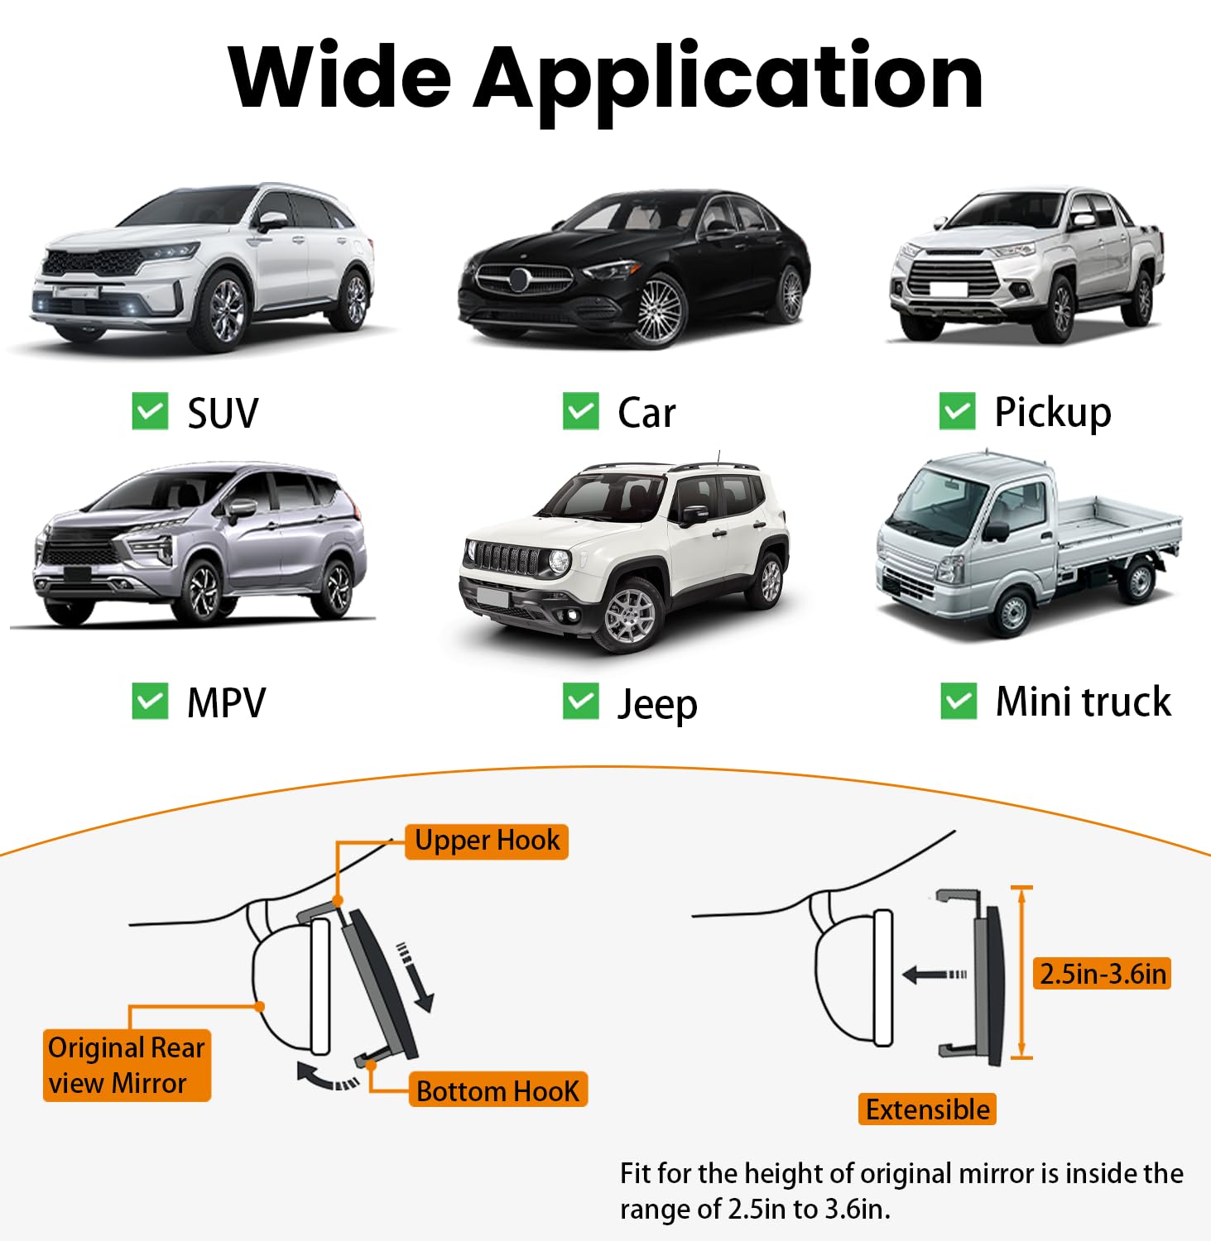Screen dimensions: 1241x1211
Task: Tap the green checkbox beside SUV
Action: tap(150, 411)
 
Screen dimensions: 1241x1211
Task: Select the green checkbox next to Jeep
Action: tap(580, 702)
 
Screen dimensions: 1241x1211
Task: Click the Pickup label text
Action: tap(1052, 412)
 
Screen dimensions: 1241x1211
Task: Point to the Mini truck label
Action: tap(1083, 702)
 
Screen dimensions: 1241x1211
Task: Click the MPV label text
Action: tap(226, 703)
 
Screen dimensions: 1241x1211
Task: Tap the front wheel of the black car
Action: tap(659, 311)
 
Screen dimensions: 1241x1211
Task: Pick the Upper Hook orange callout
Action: tap(487, 841)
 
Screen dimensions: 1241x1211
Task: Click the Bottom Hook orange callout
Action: tap(497, 1091)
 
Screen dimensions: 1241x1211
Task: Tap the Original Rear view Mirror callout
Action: tap(127, 1065)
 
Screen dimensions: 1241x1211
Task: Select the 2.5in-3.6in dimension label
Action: tap(1103, 974)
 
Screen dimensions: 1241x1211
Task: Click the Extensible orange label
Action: tap(927, 1109)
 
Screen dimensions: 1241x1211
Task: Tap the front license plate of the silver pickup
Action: tap(948, 289)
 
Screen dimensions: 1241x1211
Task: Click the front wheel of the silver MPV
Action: tap(201, 591)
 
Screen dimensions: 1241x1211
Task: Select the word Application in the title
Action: tap(728, 79)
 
